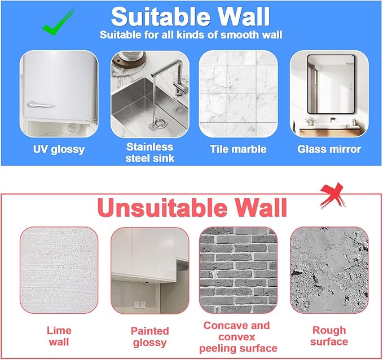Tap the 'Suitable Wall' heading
coord(190,16)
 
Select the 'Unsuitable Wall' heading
coord(192,207)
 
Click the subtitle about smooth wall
coord(191,35)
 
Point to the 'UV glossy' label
coord(59,149)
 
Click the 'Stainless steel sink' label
coord(149,153)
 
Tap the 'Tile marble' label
coord(238,149)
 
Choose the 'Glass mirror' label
coord(329,149)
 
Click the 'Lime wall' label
coord(59,336)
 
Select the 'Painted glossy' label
coord(149,337)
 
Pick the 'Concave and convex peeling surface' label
coord(238,337)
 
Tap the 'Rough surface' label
coord(329,336)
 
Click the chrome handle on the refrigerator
coord(39,105)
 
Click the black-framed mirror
coord(331,84)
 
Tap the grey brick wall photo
coord(239,270)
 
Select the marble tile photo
coord(239,94)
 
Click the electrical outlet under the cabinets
coord(139,304)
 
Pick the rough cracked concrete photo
coord(329,270)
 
